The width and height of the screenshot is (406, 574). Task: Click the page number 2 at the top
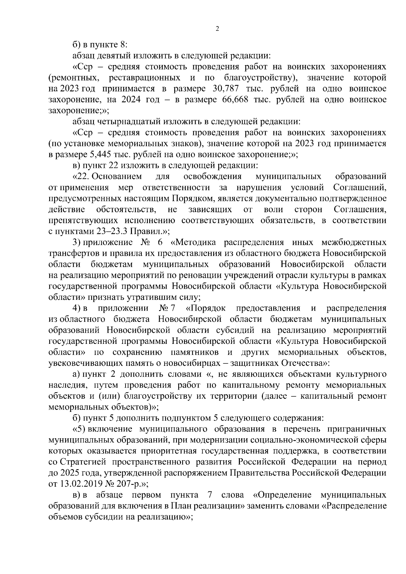217,29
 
